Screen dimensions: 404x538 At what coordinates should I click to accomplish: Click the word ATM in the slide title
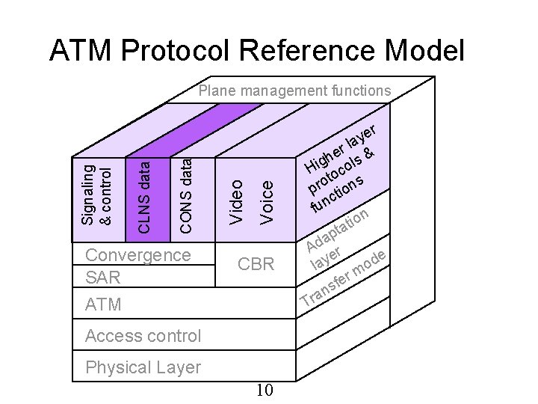pos(80,51)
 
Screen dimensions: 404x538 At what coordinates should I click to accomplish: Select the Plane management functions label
pos(294,91)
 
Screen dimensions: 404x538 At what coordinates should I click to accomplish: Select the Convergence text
pos(138,254)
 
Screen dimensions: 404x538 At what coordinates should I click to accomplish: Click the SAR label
pos(103,278)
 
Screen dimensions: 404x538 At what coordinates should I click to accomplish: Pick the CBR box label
pos(256,264)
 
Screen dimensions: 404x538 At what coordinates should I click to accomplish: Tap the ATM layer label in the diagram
pos(103,304)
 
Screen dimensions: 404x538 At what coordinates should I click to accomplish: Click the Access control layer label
pos(143,336)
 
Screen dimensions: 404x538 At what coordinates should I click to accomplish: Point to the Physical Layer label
pos(143,367)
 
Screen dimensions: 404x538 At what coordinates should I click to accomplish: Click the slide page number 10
pos(265,391)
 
